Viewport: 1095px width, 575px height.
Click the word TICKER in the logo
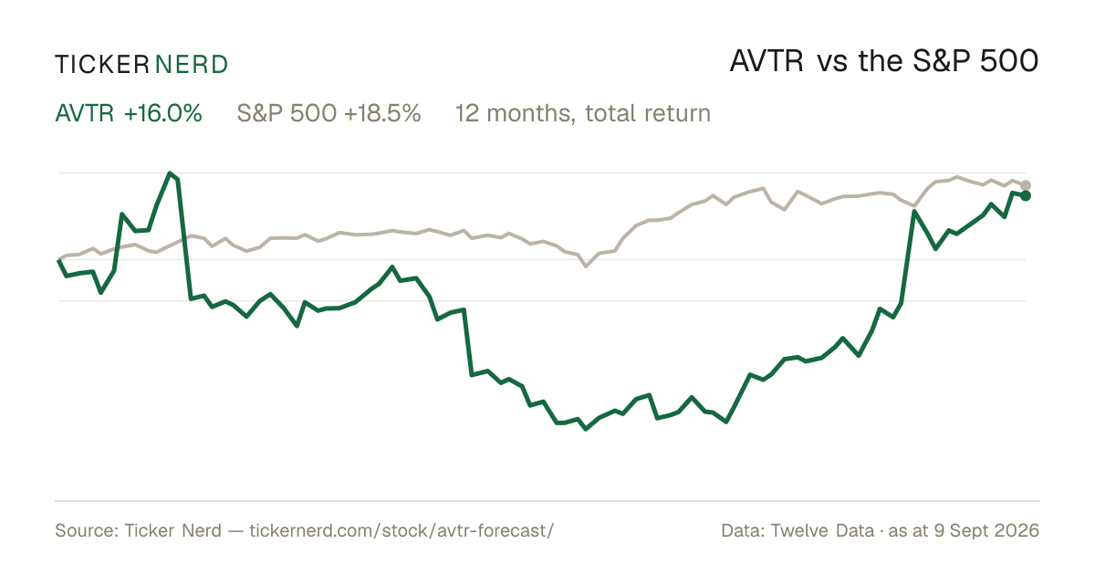(101, 65)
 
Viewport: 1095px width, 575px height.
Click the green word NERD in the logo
(191, 65)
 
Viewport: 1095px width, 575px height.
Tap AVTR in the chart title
(766, 61)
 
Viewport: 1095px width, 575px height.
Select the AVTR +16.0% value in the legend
(129, 113)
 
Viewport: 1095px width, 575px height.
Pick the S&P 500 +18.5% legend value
(329, 113)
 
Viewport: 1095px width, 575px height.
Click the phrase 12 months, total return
(583, 113)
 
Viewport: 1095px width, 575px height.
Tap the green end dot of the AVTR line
(1026, 195)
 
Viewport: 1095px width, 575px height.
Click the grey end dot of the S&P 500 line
(1026, 185)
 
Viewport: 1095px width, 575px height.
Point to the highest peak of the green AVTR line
(170, 173)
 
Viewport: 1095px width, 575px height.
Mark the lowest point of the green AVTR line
(586, 429)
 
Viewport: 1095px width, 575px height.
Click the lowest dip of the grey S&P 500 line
(586, 267)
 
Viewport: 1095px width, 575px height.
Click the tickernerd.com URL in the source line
(401, 530)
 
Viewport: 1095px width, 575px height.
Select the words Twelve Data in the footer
(822, 530)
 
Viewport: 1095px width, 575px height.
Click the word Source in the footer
(84, 530)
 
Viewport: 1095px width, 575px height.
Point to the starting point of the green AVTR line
(58, 260)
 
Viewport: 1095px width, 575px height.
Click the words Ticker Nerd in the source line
(173, 530)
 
